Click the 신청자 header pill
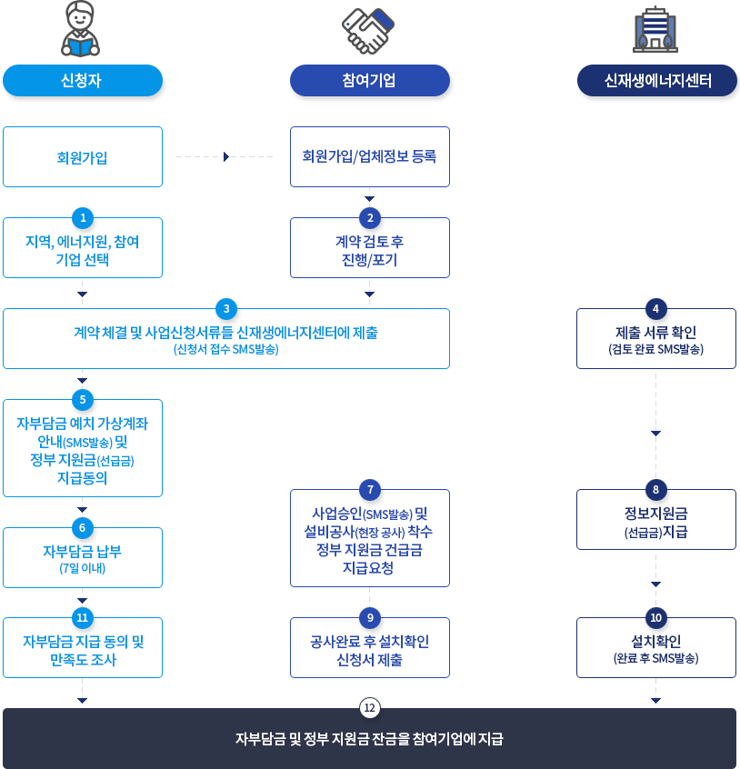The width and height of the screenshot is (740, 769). [x=83, y=81]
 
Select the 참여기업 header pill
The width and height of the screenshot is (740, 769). [x=370, y=81]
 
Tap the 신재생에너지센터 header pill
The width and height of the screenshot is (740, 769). [x=656, y=81]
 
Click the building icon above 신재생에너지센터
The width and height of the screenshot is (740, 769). [x=655, y=30]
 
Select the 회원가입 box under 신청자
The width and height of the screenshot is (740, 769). [x=83, y=157]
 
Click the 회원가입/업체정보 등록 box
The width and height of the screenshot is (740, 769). [x=370, y=157]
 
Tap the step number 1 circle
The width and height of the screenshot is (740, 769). [x=83, y=217]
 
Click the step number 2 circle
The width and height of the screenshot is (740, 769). [x=369, y=217]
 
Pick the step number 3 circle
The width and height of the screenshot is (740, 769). [x=226, y=307]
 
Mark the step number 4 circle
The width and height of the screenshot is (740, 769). [x=655, y=307]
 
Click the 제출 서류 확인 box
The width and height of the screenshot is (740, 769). [x=656, y=340]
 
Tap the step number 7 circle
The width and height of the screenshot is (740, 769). [x=369, y=490]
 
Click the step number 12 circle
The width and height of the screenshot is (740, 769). [x=369, y=707]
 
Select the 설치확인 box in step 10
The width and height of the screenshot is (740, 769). [x=656, y=649]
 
